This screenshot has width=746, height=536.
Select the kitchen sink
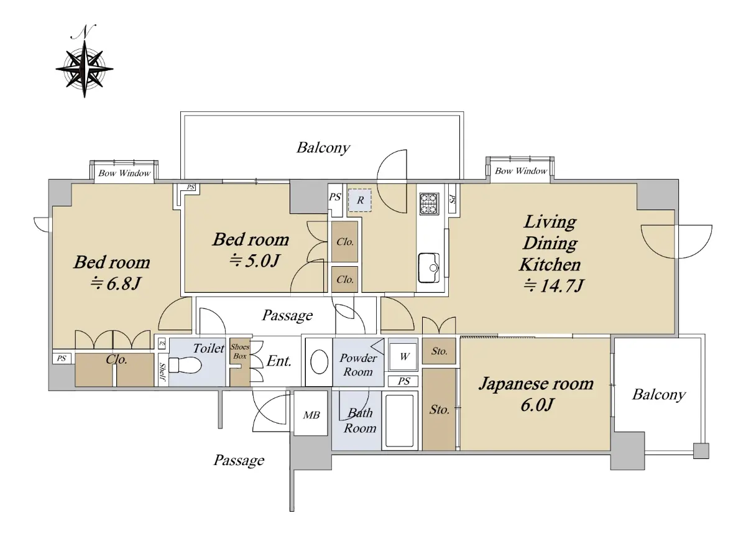[x=429, y=266]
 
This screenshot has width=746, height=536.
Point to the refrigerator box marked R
[x=360, y=200]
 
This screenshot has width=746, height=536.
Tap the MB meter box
[x=311, y=414]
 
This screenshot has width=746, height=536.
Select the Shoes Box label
[x=239, y=352]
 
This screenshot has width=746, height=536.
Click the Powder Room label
[x=358, y=365]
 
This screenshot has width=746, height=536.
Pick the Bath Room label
[x=361, y=420]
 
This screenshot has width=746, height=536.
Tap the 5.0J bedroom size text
[x=252, y=261]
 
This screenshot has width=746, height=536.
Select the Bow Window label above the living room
[x=522, y=171]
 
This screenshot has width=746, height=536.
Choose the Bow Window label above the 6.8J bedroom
[x=124, y=173]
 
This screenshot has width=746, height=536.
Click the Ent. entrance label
[x=279, y=361]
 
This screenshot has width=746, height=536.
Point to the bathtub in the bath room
[x=402, y=420]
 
